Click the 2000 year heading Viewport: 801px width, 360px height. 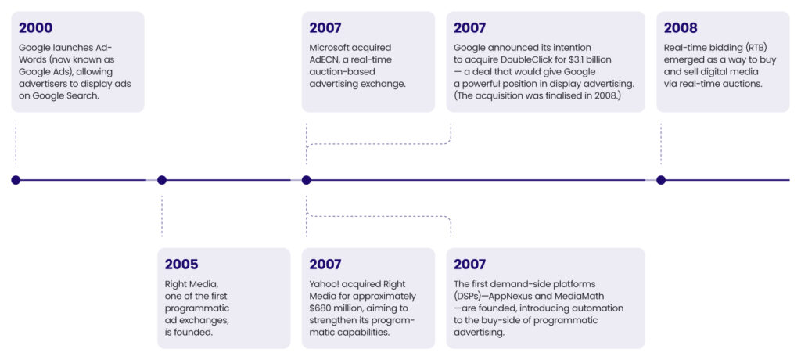click(36, 28)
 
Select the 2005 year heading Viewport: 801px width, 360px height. click(181, 265)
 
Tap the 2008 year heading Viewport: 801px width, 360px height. click(681, 28)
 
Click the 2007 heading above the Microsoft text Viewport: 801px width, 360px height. click(325, 28)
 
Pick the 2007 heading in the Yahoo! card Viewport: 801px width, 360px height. click(325, 265)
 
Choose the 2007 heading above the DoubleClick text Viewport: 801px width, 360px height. click(470, 28)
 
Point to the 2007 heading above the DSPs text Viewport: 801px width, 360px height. click(470, 265)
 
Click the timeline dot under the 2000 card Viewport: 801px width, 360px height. click(16, 180)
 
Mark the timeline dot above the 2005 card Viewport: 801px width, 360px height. click(162, 180)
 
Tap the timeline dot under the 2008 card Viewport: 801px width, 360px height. click(661, 180)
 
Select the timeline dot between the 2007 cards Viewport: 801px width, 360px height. click(307, 180)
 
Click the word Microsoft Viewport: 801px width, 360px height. click(329, 48)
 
